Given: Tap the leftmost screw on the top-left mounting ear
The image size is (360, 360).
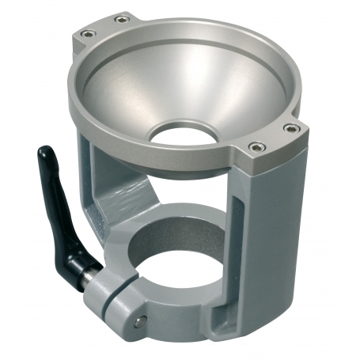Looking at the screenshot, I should (x=85, y=33).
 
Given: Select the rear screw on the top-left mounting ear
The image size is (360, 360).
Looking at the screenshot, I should (x=119, y=19).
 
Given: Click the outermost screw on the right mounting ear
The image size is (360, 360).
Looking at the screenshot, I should (x=291, y=127).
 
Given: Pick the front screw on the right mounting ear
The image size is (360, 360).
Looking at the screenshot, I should (x=255, y=146).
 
